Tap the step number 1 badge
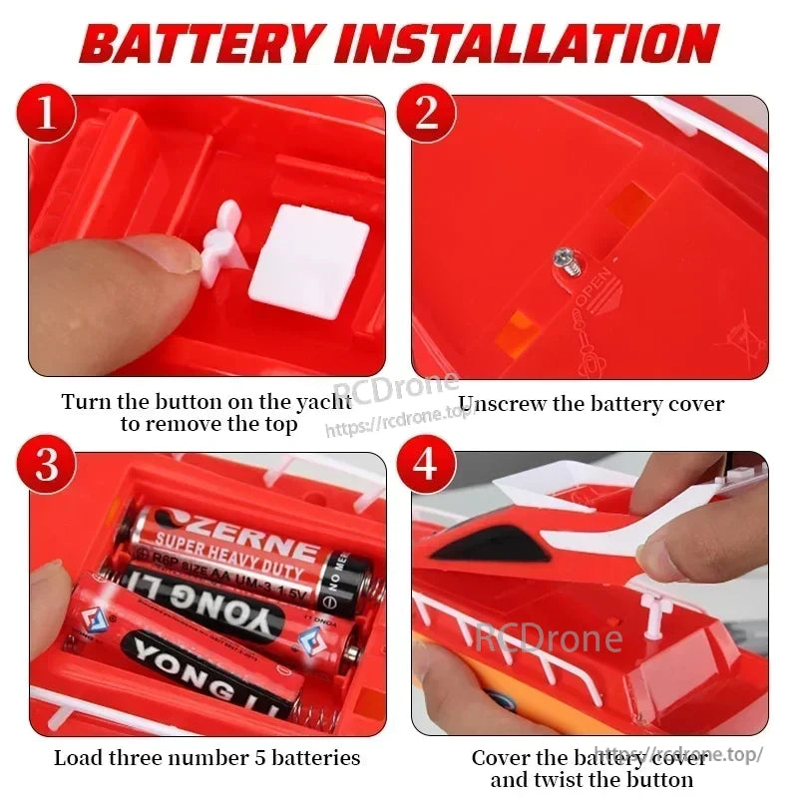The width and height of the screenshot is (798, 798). (47, 114)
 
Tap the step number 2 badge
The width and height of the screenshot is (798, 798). (426, 114)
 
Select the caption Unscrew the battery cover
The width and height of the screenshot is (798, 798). (591, 404)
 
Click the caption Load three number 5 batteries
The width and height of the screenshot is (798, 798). (206, 757)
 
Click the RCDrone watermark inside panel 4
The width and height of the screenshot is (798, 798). (549, 637)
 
